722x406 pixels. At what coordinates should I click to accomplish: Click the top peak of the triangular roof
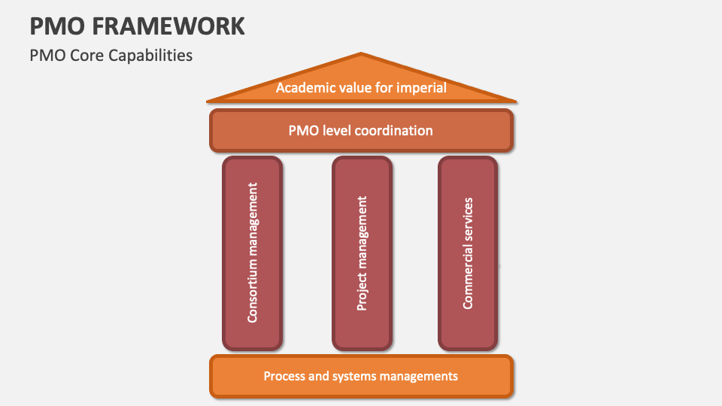[362, 55]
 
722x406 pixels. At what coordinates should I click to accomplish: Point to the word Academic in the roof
[303, 88]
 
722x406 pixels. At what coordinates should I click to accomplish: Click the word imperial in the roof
[422, 88]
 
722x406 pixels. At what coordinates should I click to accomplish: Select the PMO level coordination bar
[361, 130]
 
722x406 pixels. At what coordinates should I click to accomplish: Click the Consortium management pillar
[253, 253]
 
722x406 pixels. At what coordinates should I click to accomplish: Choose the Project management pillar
[362, 253]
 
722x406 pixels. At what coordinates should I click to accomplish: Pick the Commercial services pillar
[468, 253]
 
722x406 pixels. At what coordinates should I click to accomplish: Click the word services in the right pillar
[468, 220]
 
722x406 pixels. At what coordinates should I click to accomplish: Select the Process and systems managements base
[361, 376]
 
